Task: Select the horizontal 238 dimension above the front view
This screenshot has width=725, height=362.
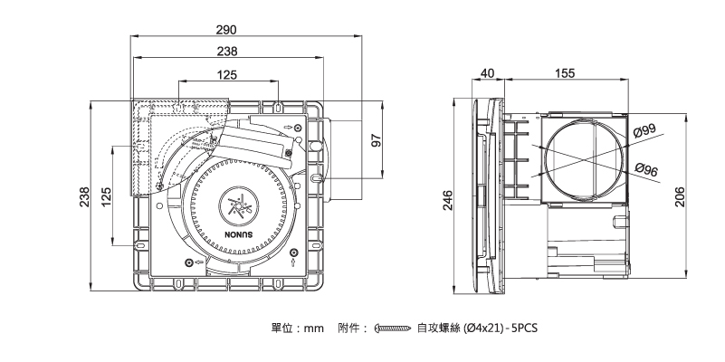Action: pyautogui.click(x=227, y=52)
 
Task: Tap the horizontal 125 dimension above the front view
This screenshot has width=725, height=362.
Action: pyautogui.click(x=227, y=74)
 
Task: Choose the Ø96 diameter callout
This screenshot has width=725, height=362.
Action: pyautogui.click(x=645, y=169)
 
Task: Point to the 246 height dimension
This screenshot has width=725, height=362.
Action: pyautogui.click(x=446, y=201)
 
